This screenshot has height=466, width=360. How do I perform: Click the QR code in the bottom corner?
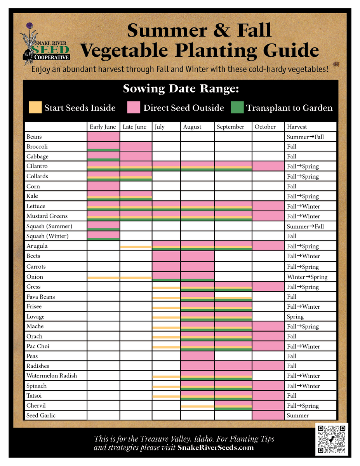point(332,439)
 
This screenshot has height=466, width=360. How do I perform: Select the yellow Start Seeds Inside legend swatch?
point(35,108)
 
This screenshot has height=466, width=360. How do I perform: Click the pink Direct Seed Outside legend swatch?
point(134,108)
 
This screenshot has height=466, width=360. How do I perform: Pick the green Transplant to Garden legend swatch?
point(237,108)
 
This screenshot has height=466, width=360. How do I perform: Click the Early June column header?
point(103,127)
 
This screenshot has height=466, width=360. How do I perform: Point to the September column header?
point(231,127)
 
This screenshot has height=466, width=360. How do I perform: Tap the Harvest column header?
point(297,127)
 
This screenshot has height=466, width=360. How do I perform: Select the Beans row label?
point(34,137)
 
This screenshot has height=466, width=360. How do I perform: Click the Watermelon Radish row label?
point(52,376)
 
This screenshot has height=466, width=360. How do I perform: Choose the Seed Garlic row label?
point(41,416)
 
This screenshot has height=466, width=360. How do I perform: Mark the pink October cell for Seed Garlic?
point(268,416)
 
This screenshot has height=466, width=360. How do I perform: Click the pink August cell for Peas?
point(197,356)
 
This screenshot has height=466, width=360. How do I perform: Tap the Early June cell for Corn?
point(103,186)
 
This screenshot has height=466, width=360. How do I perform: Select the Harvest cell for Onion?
point(307,277)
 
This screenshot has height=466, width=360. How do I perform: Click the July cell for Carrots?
point(166,266)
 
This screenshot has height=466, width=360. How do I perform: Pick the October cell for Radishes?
point(268,366)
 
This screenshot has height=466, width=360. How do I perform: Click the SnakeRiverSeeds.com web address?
point(216,448)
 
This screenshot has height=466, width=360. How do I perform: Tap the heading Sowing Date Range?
point(181,89)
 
